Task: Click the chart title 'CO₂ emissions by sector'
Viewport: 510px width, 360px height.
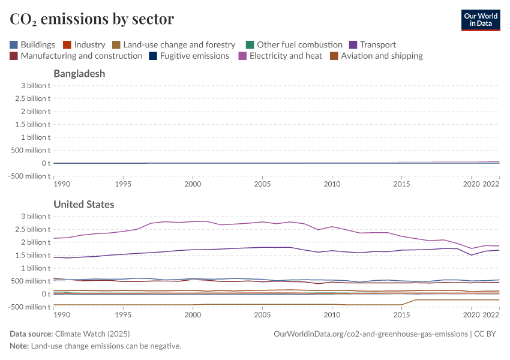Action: [x=92, y=19]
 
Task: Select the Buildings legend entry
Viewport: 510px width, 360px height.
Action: [x=32, y=44]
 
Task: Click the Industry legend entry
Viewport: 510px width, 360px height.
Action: [x=84, y=44]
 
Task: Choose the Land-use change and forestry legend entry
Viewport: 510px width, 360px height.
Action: [x=173, y=44]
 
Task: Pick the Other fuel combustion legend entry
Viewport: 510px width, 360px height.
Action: [x=294, y=44]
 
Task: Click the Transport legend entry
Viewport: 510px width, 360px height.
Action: [x=372, y=44]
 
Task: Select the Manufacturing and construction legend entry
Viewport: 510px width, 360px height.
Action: [x=76, y=56]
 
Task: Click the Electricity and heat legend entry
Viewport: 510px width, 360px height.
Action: [x=280, y=56]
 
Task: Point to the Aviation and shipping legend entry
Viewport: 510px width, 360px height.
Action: [x=376, y=56]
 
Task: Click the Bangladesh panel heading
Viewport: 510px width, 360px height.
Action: [x=79, y=74]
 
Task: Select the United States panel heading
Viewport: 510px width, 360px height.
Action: [x=84, y=205]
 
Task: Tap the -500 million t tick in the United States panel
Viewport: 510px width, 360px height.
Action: [x=28, y=307]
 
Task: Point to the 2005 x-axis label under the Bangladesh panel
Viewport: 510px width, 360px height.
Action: [x=262, y=184]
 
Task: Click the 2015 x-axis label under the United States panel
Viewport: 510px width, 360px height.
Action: [x=401, y=314]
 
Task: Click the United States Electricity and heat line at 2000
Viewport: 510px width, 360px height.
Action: [x=193, y=221]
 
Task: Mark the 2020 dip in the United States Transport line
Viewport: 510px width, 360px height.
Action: [x=472, y=255]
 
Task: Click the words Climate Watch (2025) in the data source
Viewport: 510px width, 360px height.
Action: [x=92, y=334]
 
